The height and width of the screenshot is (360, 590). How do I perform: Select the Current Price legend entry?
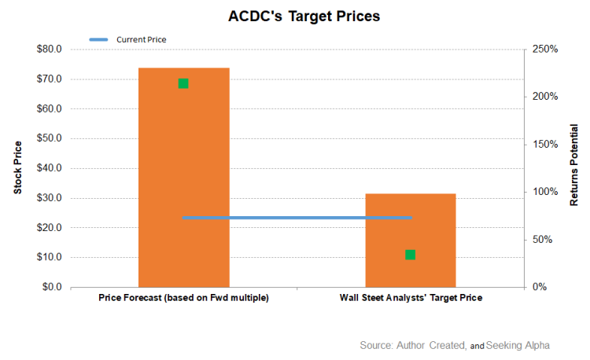(141, 39)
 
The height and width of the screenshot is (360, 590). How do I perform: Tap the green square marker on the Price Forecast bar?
(183, 83)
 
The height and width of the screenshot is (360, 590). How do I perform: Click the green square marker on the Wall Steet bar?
(410, 255)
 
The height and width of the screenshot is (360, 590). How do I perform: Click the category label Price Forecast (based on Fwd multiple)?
(183, 299)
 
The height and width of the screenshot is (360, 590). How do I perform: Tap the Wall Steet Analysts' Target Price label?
(410, 299)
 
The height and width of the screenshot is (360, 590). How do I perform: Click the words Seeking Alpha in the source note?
(518, 345)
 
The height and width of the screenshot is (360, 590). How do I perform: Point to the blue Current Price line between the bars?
(297, 218)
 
